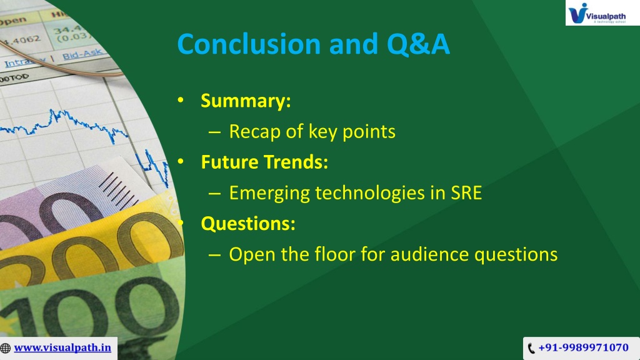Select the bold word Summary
pos(246,101)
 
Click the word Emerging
pos(269,193)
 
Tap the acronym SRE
pos(466,193)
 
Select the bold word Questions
pos(248,224)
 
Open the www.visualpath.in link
pos(62,347)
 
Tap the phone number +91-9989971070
pos(583,347)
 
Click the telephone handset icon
pos(531,348)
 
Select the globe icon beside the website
pos(5,348)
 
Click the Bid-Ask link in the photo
pos(82,54)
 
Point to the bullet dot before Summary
pos(181,100)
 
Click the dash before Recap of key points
pos(214,132)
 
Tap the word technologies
pos(370,193)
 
